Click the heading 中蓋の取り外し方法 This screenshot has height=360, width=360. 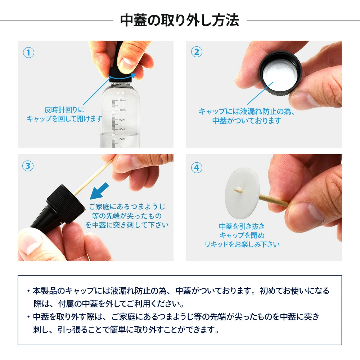(x=180, y=21)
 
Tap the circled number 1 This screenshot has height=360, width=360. (x=28, y=53)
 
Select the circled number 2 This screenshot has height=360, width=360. (x=197, y=52)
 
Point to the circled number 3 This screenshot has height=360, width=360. (x=28, y=166)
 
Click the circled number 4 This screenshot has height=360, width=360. (x=197, y=168)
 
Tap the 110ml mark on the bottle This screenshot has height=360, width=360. (x=123, y=100)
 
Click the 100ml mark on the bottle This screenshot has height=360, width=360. (x=123, y=110)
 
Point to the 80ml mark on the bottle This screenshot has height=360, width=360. (x=122, y=129)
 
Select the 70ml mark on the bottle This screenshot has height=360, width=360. (x=122, y=139)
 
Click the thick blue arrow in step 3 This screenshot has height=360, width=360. (x=99, y=191)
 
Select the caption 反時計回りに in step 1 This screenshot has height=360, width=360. (x=64, y=110)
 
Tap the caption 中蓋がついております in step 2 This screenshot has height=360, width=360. (x=247, y=121)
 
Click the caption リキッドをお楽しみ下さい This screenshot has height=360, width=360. (x=242, y=244)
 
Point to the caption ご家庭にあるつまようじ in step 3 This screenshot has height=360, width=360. (x=127, y=207)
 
